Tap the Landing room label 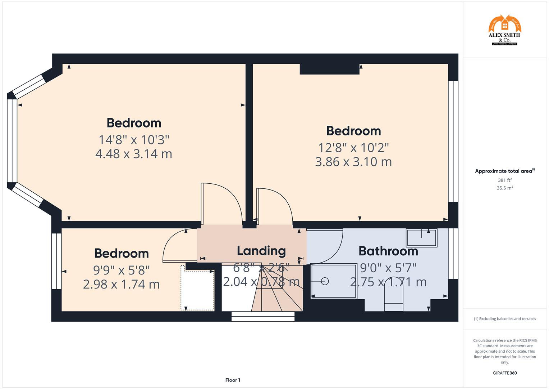[261, 251]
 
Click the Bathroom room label [388, 251]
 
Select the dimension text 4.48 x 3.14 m [134, 154]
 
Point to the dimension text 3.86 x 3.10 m [353, 162]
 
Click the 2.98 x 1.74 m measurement [122, 284]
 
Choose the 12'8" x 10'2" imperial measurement [353, 147]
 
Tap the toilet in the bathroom [394, 295]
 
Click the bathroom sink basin [421, 238]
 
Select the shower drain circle [325, 281]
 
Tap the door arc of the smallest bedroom [176, 245]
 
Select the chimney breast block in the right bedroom [329, 69]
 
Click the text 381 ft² [505, 180]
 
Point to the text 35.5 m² [505, 188]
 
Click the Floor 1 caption [233, 380]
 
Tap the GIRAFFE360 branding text [505, 373]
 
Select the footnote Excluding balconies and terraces [505, 319]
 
